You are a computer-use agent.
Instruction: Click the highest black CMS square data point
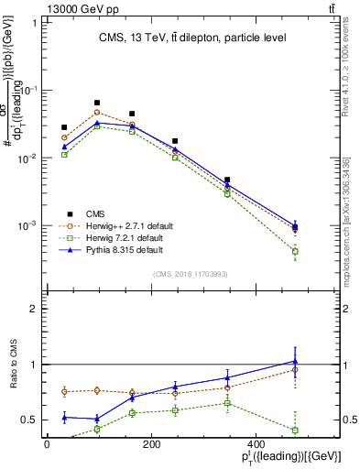point(97,103)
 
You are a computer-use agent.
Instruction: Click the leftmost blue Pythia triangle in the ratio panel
point(64,417)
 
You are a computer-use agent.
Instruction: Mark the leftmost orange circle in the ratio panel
point(64,391)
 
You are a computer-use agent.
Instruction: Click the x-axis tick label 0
point(47,444)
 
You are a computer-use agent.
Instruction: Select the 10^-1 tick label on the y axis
point(29,90)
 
